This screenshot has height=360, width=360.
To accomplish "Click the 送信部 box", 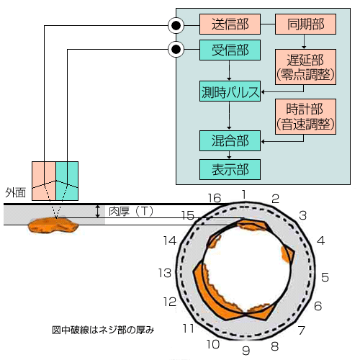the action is (x=230, y=24).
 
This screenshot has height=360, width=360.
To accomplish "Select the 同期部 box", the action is (x=305, y=24).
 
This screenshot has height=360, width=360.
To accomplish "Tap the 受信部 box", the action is (x=230, y=50).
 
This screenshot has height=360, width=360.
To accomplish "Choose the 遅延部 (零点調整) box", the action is (x=305, y=67).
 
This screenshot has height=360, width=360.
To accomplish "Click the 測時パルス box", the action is (x=230, y=91).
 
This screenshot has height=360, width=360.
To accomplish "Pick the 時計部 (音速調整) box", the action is (x=305, y=117).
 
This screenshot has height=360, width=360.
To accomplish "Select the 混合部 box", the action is (x=230, y=140).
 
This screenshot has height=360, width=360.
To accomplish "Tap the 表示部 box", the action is (x=230, y=169).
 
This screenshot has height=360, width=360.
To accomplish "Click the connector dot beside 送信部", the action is (x=176, y=25).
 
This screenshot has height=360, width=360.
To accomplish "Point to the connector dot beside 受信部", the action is (x=176, y=50).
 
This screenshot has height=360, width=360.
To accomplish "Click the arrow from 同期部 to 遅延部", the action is (x=304, y=42).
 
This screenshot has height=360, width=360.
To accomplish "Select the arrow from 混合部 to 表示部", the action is (x=229, y=155).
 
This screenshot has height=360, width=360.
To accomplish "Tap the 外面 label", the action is (x=15, y=192).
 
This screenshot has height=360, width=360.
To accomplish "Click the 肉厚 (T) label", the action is (x=131, y=211).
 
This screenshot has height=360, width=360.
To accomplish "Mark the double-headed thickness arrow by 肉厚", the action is (x=97, y=211).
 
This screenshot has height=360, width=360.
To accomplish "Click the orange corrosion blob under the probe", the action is (x=53, y=225).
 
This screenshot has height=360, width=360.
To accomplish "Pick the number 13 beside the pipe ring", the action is (x=165, y=273).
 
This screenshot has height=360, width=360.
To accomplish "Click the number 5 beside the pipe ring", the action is (x=325, y=277).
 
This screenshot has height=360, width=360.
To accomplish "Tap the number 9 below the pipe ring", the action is (x=246, y=351).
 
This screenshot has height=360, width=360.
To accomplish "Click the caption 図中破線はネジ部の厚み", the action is (x=103, y=330).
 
